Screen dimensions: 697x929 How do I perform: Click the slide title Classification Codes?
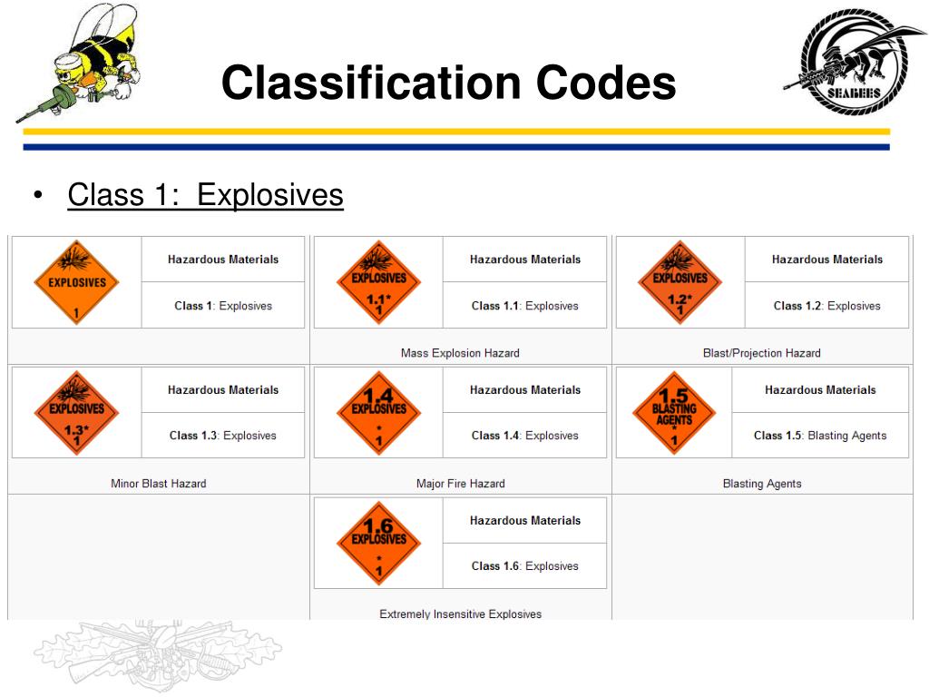pos(448,83)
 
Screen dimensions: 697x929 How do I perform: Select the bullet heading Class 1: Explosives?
pos(205,195)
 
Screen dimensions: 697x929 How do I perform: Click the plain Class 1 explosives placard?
pos(76,282)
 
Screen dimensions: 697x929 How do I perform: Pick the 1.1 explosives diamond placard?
pos(378,282)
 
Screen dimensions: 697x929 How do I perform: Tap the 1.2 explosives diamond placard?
pos(680,282)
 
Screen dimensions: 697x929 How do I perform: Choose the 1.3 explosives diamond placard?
pos(76,412)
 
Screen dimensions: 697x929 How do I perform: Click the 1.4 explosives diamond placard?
pos(378,412)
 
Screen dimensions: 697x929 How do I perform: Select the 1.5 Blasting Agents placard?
pos(673,412)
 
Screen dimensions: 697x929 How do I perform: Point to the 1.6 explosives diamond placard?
pos(378,543)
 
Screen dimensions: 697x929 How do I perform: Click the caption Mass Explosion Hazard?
pos(460,353)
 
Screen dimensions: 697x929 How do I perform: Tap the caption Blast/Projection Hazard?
pos(761,353)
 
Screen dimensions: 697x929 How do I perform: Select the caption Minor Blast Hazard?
pos(158,484)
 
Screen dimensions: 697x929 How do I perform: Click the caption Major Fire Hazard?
pos(460,484)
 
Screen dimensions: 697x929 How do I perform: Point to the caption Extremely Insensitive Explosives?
pos(460,614)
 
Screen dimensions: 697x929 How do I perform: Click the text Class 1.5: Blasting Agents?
pos(819,436)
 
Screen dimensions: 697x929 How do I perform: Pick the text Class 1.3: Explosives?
pos(222,436)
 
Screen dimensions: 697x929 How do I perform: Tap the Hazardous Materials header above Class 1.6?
pos(524,520)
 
